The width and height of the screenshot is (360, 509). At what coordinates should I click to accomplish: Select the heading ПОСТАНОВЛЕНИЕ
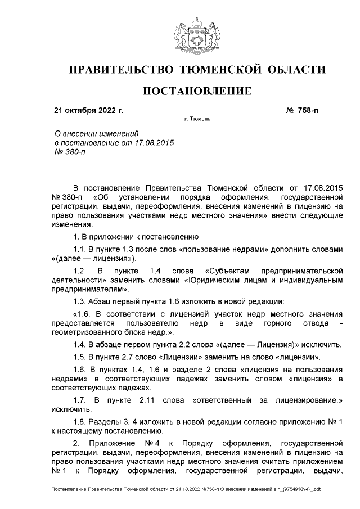point(197,92)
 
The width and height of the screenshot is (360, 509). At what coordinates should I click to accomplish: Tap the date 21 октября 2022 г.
point(88,110)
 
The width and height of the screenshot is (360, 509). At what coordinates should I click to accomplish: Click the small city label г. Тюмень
point(197,119)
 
